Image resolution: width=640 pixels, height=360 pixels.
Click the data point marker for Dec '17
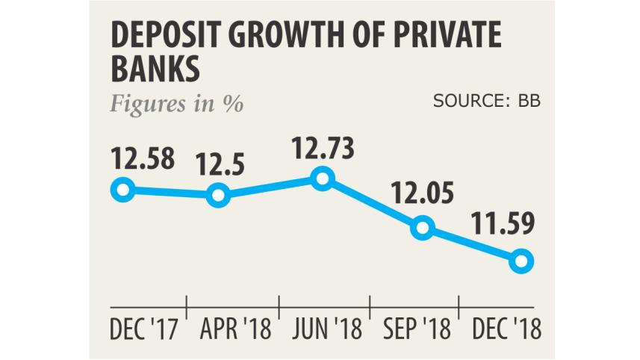tap(122, 190)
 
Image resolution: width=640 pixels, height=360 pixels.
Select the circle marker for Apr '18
tap(218, 196)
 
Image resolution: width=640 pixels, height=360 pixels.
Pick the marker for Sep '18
tap(422, 227)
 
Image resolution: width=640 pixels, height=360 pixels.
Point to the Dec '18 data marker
tap(522, 261)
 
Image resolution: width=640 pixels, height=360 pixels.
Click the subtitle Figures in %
tap(177, 103)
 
